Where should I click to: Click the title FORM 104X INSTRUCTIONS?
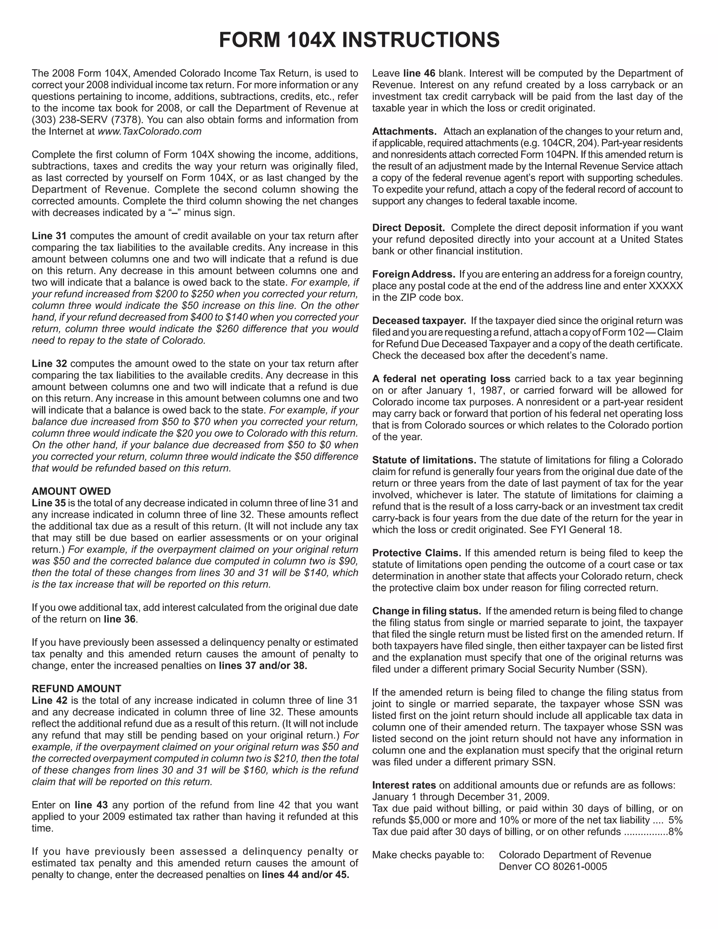coord(359,40)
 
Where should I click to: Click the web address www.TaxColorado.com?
coord(149,131)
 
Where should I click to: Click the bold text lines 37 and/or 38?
coord(263,666)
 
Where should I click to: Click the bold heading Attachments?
coord(404,131)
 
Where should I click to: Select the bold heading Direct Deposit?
coord(408,228)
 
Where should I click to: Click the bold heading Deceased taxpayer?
coord(419,321)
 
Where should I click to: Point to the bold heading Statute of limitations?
coord(424,460)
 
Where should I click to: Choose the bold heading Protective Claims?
coord(416,553)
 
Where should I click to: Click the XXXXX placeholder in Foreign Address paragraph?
coord(665,286)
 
